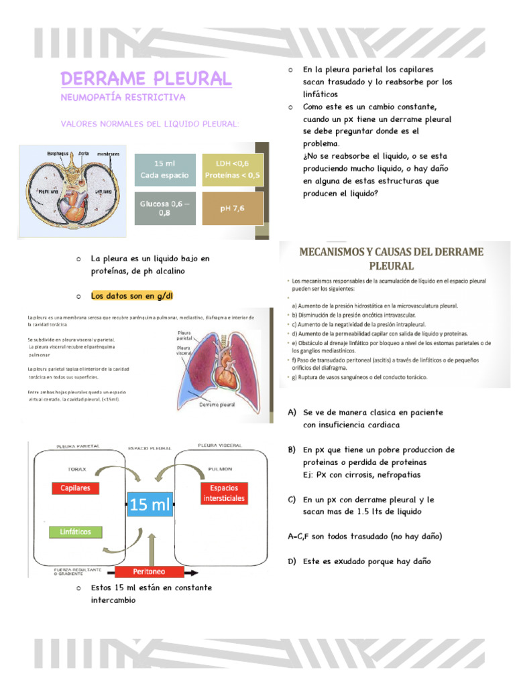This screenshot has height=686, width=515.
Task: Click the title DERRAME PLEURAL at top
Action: point(146,78)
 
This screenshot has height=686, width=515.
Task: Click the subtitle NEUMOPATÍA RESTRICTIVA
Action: point(123,98)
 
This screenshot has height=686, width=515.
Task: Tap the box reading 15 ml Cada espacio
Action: point(165,169)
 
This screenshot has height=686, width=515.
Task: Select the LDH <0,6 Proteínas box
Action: point(233,169)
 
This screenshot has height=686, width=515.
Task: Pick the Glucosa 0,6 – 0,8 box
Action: point(165,208)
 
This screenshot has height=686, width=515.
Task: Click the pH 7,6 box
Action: point(233,208)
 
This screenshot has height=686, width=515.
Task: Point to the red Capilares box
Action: point(76,488)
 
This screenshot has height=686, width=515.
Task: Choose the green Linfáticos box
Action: point(76,532)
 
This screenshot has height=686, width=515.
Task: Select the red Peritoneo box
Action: point(149,571)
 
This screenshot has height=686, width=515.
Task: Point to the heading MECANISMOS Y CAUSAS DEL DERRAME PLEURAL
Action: point(394,259)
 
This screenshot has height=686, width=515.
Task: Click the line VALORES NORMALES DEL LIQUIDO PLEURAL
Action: point(150,124)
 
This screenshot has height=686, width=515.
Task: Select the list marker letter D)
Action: point(292,561)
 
